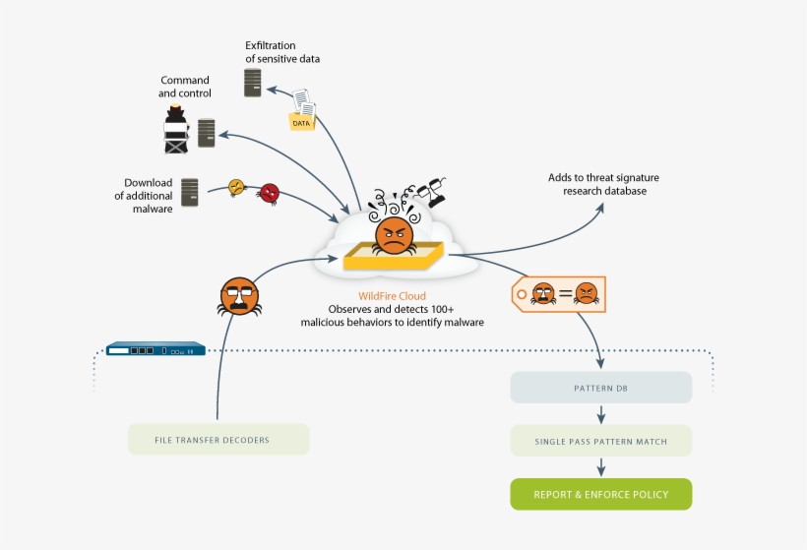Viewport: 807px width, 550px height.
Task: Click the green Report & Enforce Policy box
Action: click(600, 494)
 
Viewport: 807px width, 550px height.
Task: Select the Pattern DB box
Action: click(600, 388)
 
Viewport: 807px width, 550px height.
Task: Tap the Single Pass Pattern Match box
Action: click(600, 441)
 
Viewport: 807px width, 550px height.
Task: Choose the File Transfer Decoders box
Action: click(218, 439)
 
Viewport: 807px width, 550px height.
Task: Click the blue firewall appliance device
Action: click(155, 349)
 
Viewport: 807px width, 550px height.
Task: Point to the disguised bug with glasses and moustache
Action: click(239, 295)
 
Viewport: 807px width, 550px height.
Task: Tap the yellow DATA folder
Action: click(301, 121)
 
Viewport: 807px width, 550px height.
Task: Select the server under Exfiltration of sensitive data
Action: click(253, 82)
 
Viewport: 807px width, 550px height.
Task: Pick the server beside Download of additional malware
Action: click(190, 192)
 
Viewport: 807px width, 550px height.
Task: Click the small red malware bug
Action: click(269, 193)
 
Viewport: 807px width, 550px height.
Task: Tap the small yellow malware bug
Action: click(237, 187)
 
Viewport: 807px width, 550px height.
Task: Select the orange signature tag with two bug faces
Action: click(559, 293)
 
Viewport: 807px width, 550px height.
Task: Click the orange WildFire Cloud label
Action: click(392, 294)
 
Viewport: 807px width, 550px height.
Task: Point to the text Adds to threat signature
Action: click(603, 177)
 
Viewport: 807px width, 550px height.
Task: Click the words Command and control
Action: click(185, 87)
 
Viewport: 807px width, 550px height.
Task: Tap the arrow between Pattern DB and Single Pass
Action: click(600, 414)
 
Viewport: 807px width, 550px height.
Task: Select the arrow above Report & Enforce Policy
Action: click(600, 467)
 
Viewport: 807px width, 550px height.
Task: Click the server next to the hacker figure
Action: click(206, 133)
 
